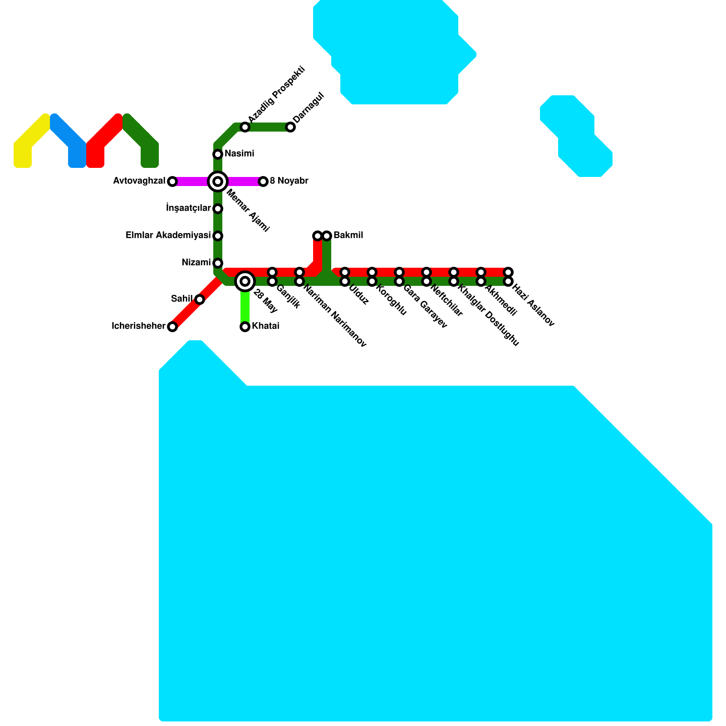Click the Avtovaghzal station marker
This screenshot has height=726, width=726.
pyautogui.click(x=172, y=181)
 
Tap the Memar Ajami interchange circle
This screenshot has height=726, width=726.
pyautogui.click(x=218, y=181)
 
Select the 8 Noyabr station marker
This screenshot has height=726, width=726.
pyautogui.click(x=263, y=181)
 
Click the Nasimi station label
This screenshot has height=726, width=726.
pyautogui.click(x=239, y=154)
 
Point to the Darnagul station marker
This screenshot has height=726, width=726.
pyautogui.click(x=290, y=127)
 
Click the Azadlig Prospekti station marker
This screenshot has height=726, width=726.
pyautogui.click(x=245, y=127)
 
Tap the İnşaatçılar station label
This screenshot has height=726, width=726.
pyautogui.click(x=188, y=208)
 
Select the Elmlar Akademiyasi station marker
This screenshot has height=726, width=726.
pyautogui.click(x=218, y=236)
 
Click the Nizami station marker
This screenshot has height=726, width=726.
pyautogui.click(x=218, y=263)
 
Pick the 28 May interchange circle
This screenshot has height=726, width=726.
pyautogui.click(x=245, y=281)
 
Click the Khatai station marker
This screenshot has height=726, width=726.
pyautogui.click(x=245, y=327)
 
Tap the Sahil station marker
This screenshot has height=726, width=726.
pyautogui.click(x=200, y=299)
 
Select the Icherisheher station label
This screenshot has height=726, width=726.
pyautogui.click(x=138, y=326)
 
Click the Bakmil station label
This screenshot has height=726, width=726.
pyautogui.click(x=348, y=235)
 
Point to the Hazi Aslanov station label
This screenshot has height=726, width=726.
pyautogui.click(x=533, y=306)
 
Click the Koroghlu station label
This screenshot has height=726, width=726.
pyautogui.click(x=391, y=300)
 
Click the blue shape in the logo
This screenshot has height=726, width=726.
pyautogui.click(x=70, y=141)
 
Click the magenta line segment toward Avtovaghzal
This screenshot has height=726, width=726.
pyautogui.click(x=191, y=181)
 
